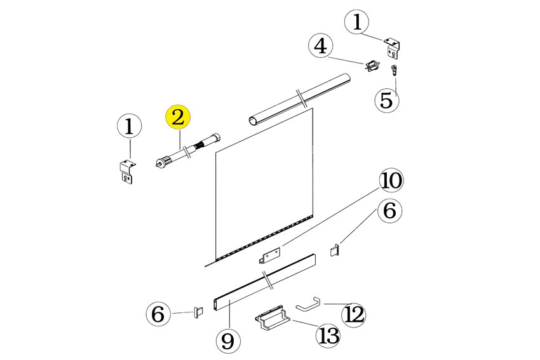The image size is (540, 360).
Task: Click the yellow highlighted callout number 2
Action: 178,117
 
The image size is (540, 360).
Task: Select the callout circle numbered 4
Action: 321,46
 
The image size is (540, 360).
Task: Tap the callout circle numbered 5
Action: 386,100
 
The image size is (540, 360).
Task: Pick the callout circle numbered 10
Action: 391,180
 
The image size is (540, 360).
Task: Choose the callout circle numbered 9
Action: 228,340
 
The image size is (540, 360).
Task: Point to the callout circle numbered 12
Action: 354,314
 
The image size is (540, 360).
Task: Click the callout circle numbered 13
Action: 328,335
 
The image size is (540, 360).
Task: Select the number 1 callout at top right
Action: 357,22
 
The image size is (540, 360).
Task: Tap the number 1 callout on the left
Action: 130,126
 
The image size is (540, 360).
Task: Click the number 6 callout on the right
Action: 389,210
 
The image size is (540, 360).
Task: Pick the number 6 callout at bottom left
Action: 158,314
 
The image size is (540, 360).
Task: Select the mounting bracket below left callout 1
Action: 127,171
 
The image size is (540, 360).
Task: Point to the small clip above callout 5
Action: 394,70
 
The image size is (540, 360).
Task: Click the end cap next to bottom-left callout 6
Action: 199,312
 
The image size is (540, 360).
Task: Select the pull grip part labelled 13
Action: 273,318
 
